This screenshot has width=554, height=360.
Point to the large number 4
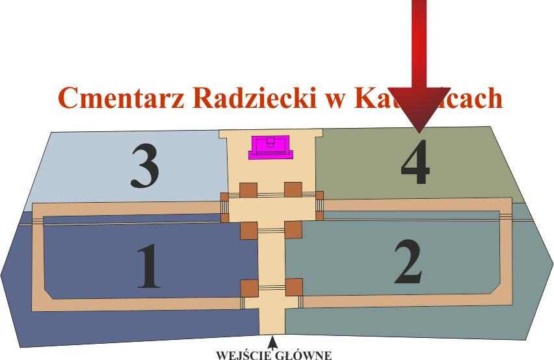coord(415,162)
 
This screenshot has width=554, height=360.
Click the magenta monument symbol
coord(272,147)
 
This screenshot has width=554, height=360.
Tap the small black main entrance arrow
coord(272,341)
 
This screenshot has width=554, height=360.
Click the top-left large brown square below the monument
coord(248,190)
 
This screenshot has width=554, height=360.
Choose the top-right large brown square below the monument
coord(293,190)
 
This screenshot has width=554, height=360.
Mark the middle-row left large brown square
coord(248,230)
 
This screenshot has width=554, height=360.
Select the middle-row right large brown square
coord(293,229)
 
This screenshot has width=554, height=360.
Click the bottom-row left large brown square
coord(250,287)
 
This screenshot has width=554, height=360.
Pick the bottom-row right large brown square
coord(294,287)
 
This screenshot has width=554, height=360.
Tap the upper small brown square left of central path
coord(224,197)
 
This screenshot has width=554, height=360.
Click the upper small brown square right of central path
coord(319,196)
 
